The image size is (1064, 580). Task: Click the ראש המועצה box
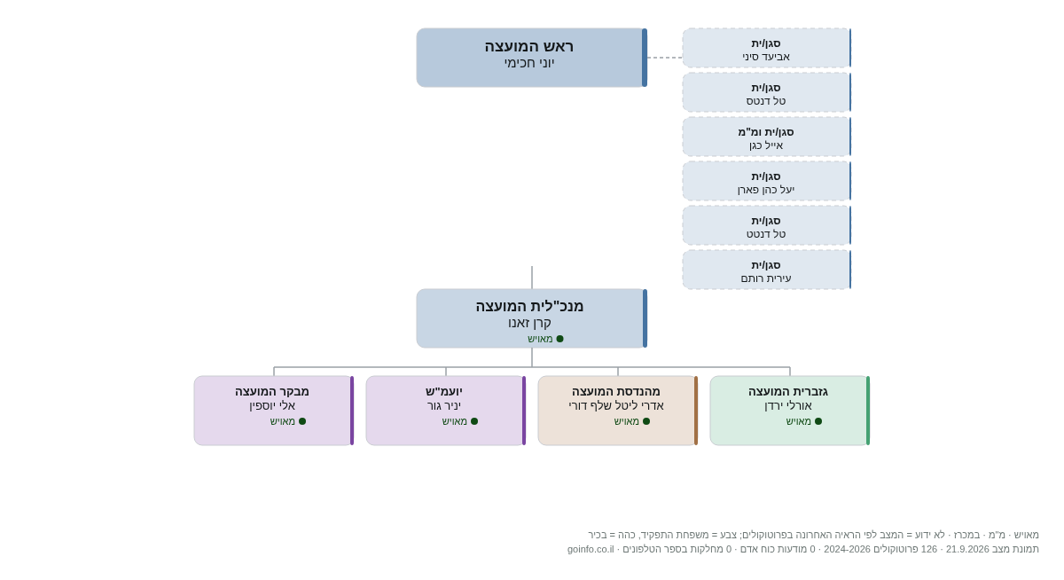click(531, 58)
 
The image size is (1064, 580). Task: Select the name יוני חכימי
click(529, 63)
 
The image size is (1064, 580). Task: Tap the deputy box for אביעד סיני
click(767, 48)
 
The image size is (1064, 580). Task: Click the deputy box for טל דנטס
click(767, 92)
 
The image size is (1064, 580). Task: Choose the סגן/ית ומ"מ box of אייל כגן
click(767, 137)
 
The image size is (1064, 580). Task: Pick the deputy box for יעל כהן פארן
click(767, 181)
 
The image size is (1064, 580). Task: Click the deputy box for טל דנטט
click(767, 225)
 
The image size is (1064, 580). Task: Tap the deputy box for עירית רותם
click(767, 270)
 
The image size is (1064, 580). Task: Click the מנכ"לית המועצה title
click(529, 306)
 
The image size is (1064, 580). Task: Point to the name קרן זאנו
click(529, 323)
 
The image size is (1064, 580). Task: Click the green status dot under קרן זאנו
click(559, 339)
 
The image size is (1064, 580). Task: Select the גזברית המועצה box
click(789, 411)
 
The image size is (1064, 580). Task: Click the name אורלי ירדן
click(788, 405)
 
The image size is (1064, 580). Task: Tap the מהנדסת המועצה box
click(617, 411)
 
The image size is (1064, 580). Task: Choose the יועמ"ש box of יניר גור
click(445, 411)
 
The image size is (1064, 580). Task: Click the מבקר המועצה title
click(271, 391)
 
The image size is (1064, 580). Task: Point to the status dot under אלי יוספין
click(302, 421)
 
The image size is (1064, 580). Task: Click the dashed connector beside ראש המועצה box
click(665, 58)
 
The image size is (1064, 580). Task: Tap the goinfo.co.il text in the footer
click(591, 549)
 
